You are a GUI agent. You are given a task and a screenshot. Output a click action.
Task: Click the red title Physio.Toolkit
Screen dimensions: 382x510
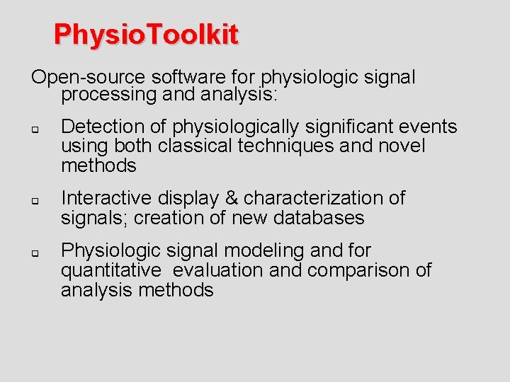(146, 34)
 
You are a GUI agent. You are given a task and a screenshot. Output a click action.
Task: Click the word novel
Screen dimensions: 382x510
(402, 146)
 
